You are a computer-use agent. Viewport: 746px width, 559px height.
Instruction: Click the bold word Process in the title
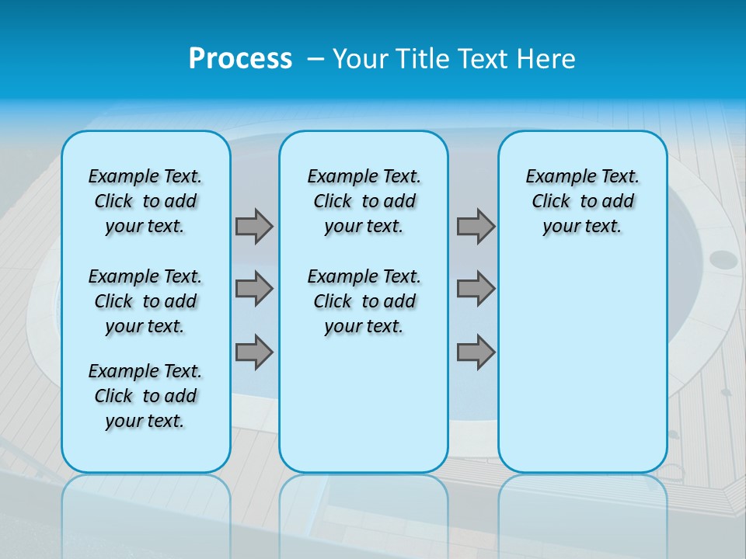(x=240, y=59)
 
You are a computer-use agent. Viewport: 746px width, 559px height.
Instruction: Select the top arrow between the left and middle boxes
(x=254, y=226)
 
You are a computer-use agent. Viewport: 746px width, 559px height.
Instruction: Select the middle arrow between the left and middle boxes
(x=254, y=289)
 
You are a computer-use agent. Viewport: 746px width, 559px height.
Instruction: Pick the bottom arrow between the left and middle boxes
(x=254, y=352)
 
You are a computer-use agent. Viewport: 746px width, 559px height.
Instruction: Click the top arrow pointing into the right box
(x=476, y=226)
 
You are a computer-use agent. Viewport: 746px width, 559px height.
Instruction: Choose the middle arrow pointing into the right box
(x=476, y=289)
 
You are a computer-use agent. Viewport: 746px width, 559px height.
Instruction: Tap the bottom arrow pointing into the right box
(x=476, y=352)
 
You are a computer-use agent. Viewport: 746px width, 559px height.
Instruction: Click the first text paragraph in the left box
(x=145, y=201)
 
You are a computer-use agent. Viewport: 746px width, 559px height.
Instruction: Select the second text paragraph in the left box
(x=145, y=301)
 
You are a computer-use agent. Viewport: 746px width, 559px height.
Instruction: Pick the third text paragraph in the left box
(x=145, y=396)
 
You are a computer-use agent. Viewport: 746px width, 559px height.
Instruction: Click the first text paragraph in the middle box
(x=364, y=201)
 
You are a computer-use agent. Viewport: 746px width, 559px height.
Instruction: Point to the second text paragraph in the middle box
(x=364, y=301)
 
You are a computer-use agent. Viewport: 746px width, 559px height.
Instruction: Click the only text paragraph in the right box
(x=583, y=201)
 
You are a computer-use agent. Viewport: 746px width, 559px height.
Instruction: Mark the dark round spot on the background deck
(x=723, y=259)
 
